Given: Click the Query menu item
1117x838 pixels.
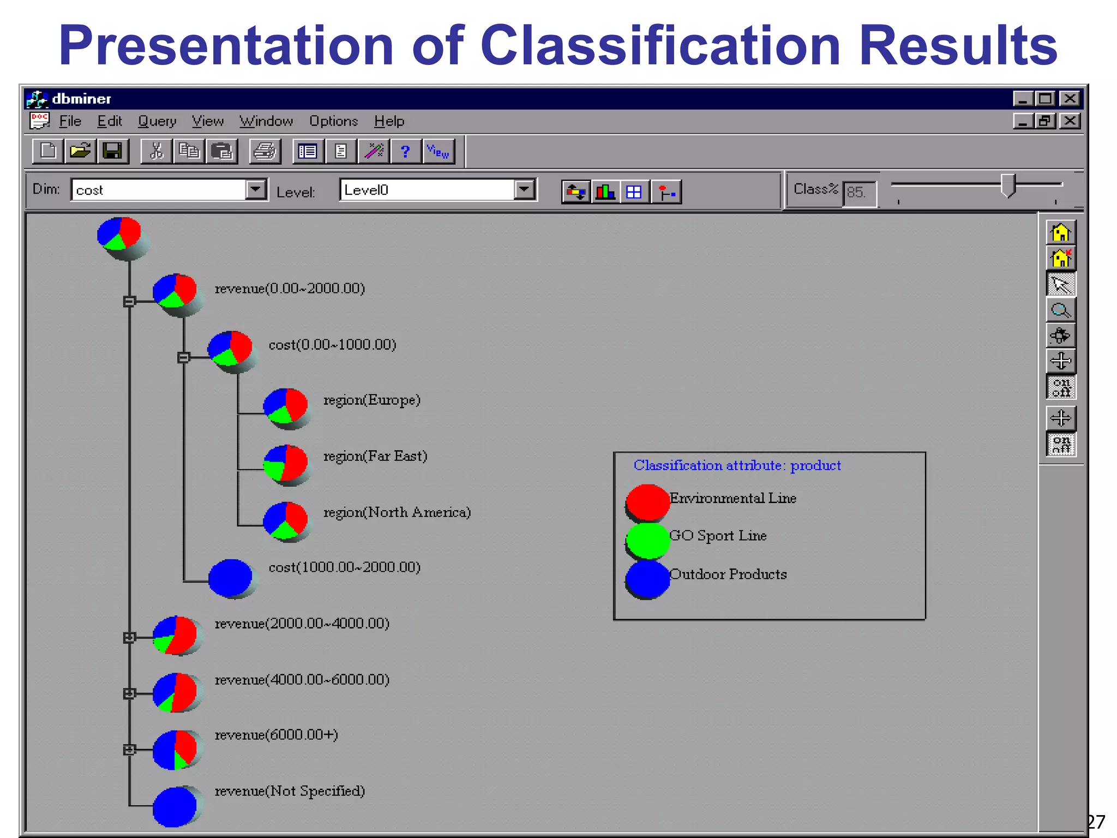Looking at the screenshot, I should pos(157,121).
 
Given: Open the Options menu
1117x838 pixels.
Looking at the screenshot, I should pos(333,121).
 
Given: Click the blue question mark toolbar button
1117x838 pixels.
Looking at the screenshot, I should pos(405,151).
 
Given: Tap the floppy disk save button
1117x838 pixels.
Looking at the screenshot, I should pos(112,151).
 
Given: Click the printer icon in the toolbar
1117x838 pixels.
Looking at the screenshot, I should pos(266,151).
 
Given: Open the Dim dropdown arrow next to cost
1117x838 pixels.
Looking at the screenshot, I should pos(255,189).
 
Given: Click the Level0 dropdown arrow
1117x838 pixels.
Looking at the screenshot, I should pos(524,189).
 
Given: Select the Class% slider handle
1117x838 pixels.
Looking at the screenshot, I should pos(1008,185).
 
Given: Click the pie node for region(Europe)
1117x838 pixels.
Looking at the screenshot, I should pos(285,406).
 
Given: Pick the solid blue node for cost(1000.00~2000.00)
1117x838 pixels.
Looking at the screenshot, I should pos(231,577).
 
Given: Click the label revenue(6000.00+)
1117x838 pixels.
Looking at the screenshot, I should pos(276,735).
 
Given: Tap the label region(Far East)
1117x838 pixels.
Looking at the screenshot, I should pos(375,456).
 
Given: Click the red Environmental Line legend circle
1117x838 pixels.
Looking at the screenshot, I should pos(647,501).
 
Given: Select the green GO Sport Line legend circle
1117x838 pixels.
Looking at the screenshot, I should pos(647,540).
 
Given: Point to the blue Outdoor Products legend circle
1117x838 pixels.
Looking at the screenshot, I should pos(647,579).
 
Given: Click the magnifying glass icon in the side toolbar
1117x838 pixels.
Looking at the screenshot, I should pos(1060,310).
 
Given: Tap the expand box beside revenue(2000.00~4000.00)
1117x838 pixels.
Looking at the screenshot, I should pos(129,637).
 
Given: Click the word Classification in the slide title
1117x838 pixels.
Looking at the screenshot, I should pos(660,46).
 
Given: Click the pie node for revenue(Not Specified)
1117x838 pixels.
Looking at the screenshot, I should pos(175,806).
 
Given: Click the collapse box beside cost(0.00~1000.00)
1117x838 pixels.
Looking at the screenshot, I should pos(184,357).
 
